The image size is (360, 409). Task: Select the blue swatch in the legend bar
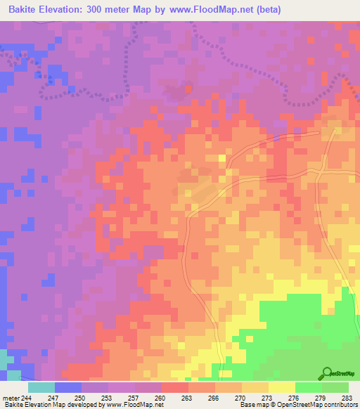68,387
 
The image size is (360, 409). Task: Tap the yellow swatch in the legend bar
282,387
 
